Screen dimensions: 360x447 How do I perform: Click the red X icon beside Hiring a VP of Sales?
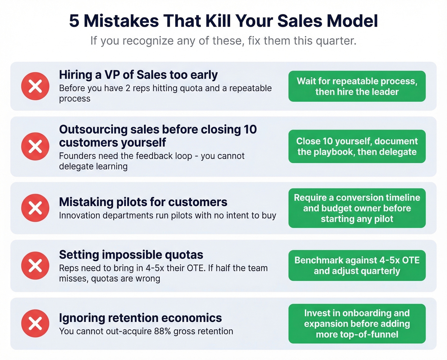(35, 86)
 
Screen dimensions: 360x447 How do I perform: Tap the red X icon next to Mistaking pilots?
(35, 208)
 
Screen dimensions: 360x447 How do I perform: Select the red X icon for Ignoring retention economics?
(35, 323)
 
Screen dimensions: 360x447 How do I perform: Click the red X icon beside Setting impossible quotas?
(35, 265)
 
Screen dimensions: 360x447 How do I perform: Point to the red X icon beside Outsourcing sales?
(35, 146)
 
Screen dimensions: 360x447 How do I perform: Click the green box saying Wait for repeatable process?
(357, 86)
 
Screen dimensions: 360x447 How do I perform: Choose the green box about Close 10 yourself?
(357, 146)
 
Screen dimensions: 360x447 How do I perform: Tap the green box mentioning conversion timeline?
(357, 208)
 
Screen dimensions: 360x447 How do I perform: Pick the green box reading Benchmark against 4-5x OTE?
(357, 265)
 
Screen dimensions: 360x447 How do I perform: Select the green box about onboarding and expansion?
(357, 324)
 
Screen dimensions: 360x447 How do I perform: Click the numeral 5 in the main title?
(74, 21)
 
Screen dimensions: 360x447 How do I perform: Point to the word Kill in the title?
(219, 21)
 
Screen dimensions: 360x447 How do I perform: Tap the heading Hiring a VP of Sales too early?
(138, 75)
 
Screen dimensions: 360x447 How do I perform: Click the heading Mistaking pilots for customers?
(143, 202)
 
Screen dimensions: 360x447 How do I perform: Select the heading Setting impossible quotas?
(131, 255)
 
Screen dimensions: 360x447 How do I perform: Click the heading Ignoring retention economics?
(140, 318)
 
